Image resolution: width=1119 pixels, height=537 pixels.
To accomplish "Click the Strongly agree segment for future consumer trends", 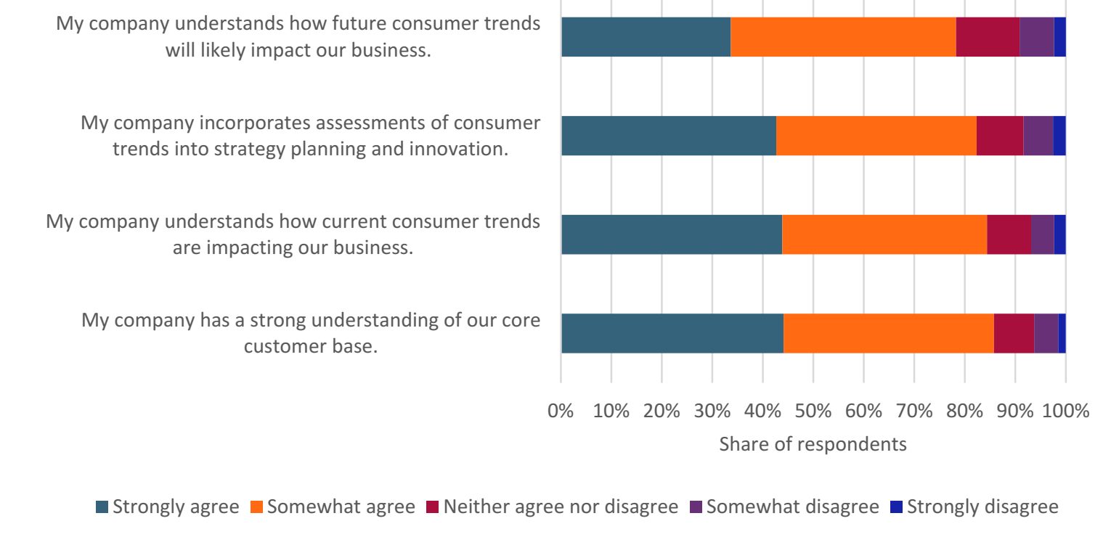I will point(646,37).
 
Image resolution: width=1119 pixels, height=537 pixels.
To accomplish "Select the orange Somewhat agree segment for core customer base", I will point(888,333).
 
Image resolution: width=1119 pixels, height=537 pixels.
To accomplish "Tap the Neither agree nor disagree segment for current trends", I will point(1009,234).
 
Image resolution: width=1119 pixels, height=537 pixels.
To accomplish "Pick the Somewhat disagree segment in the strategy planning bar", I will point(1038,136).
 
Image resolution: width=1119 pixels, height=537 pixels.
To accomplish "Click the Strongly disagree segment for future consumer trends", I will point(1059,37).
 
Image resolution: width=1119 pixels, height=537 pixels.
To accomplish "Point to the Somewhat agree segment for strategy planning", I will point(876,136).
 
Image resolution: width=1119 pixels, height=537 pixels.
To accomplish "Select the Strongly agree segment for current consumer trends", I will point(671,234).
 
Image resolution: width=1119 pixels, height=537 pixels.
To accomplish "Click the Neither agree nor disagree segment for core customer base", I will point(1014,333).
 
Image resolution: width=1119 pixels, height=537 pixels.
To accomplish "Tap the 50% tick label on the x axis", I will point(813,411).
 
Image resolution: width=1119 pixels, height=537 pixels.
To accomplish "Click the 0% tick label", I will point(561,411).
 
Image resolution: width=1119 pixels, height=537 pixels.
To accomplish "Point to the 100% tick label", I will point(1065,411).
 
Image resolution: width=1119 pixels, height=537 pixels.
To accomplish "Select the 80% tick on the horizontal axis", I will point(964,411).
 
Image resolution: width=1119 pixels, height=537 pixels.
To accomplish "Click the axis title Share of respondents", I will point(813,443).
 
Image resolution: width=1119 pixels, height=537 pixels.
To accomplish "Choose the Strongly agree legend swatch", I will point(102,507).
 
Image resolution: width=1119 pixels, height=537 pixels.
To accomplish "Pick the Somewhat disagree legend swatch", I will point(696,507).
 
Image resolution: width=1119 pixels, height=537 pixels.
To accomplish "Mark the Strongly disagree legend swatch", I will point(896,507).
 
